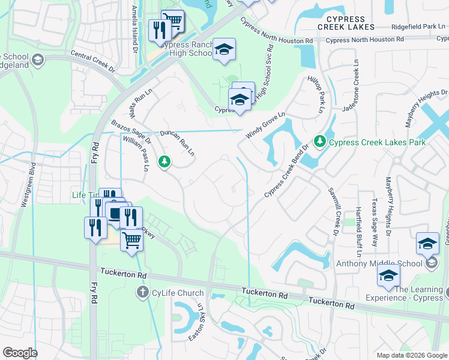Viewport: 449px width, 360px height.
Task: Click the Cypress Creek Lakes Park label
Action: pyautogui.click(x=377, y=142)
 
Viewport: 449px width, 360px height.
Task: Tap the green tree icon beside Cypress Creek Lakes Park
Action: pyautogui.click(x=321, y=142)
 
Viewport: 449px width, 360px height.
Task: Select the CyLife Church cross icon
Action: pyautogui.click(x=142, y=293)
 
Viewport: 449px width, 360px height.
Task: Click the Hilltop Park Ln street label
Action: pyautogui.click(x=316, y=95)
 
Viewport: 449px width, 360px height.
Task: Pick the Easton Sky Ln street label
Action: pyautogui.click(x=202, y=321)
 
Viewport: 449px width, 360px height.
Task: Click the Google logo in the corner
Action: pyautogui.click(x=20, y=353)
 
